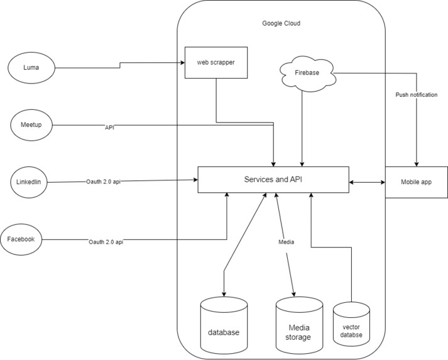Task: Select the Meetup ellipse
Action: [31, 124]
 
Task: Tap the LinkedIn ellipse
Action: [29, 182]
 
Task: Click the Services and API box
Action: [273, 180]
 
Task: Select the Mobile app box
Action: [416, 182]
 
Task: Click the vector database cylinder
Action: [351, 327]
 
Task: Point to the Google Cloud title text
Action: [281, 23]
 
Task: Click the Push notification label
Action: [416, 95]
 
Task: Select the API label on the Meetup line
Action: [109, 127]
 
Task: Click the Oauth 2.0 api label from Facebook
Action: [106, 242]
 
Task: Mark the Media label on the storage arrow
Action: [287, 242]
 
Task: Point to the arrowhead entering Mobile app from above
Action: [416, 163]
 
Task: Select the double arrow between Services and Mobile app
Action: [366, 182]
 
